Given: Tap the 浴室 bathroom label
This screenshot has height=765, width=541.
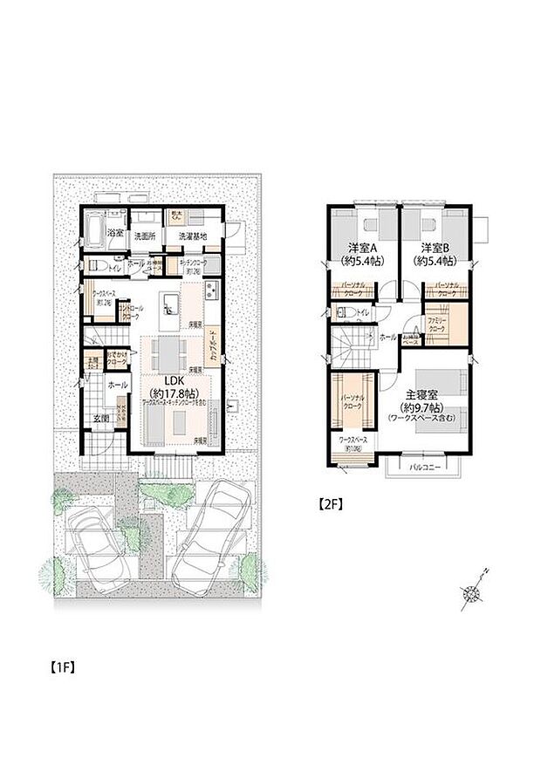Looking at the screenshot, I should [115, 235].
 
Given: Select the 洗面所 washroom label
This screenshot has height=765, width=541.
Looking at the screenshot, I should [145, 236].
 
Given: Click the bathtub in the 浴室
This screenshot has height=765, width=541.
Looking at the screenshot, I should [94, 232].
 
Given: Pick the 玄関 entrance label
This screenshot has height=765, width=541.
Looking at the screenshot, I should [103, 418].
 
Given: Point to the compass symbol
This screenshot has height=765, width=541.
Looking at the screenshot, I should [473, 593].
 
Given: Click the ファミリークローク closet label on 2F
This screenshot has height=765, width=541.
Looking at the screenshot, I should [438, 324].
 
